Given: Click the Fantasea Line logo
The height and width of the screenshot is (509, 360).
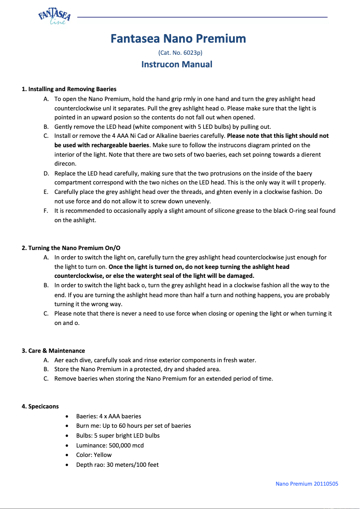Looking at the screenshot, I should [54, 17].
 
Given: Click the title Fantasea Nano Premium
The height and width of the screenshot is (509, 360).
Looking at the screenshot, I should [178, 39].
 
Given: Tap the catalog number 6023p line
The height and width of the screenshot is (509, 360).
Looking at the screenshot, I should [177, 53].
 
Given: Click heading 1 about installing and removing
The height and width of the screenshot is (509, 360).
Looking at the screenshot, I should [69, 89].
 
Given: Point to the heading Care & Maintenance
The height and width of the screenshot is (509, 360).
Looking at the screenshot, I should [53, 351].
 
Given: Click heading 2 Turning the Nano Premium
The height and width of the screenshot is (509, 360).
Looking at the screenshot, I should [71, 248].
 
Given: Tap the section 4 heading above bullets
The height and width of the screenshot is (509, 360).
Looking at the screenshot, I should [40, 406].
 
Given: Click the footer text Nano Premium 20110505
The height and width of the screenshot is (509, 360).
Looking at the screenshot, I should [307, 483].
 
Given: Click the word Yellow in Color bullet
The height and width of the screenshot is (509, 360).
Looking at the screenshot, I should [103, 455].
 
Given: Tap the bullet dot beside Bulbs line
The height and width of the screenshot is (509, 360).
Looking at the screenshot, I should [66, 436].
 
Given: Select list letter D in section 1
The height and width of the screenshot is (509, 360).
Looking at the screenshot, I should [46, 173].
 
